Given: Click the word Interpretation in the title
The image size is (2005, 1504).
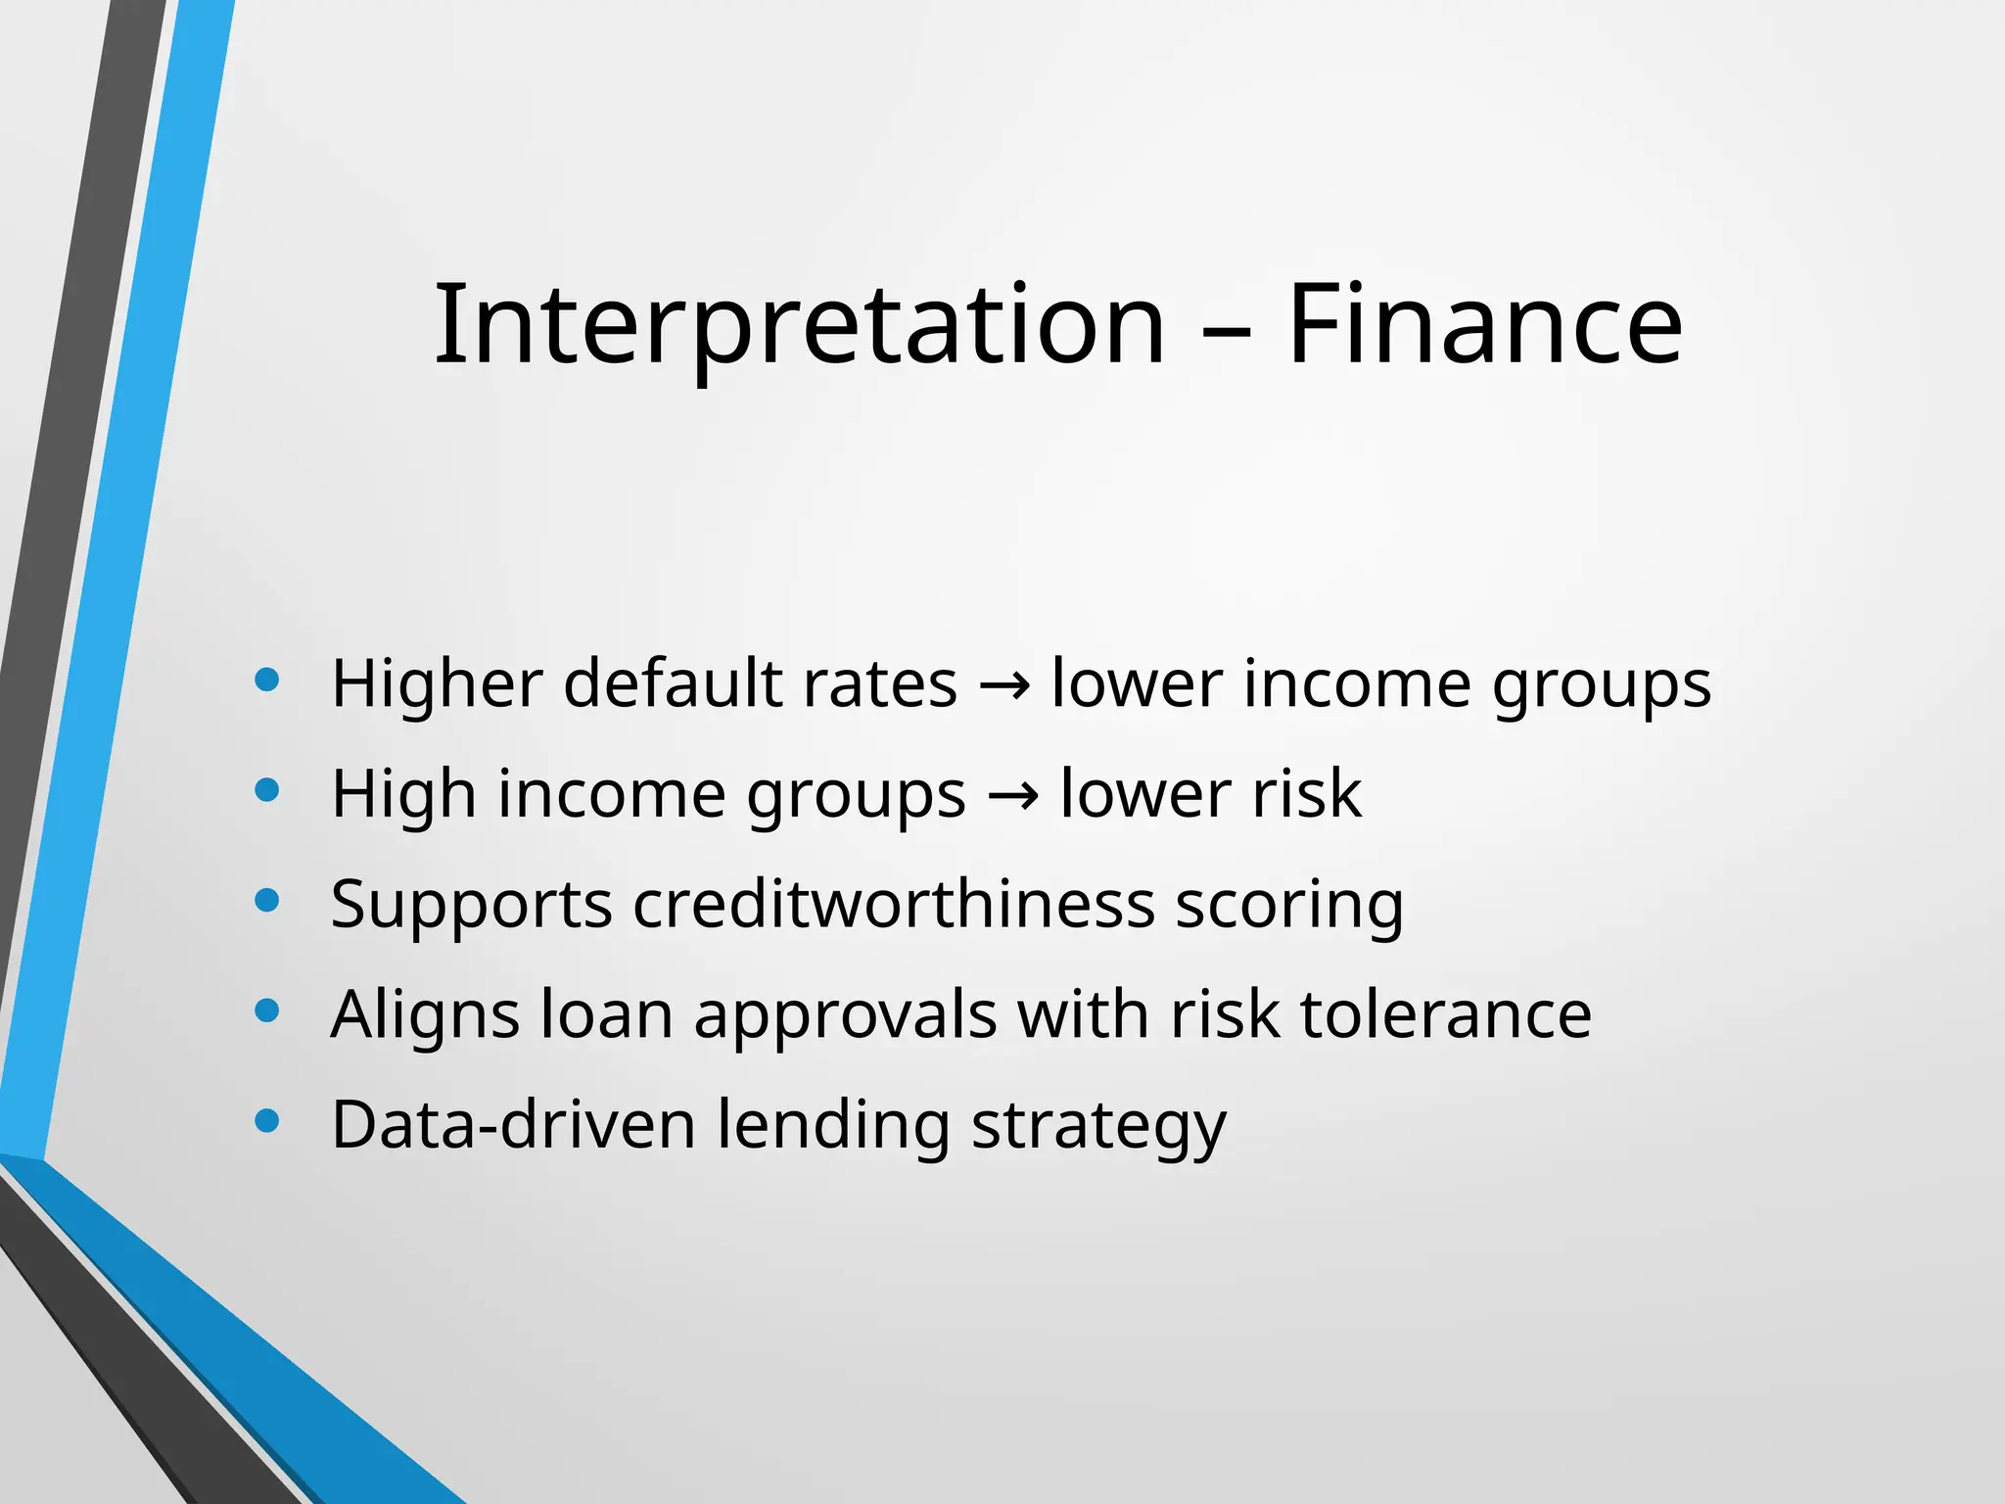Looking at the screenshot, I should point(799,325).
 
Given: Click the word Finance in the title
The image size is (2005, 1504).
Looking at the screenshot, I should point(1484,325).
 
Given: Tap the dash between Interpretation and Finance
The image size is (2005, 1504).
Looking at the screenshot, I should point(1226,333).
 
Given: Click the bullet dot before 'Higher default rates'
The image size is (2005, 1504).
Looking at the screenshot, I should point(266,680).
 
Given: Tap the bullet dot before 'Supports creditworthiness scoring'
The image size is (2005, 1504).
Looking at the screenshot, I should point(266,900).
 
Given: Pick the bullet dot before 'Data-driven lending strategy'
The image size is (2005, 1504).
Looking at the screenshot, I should point(266,1120).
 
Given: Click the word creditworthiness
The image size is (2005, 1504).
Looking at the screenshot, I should point(893,904).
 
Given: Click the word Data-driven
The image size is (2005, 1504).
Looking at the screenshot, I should point(513,1125).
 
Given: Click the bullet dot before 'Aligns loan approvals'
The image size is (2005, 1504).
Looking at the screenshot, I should point(266,1010).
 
